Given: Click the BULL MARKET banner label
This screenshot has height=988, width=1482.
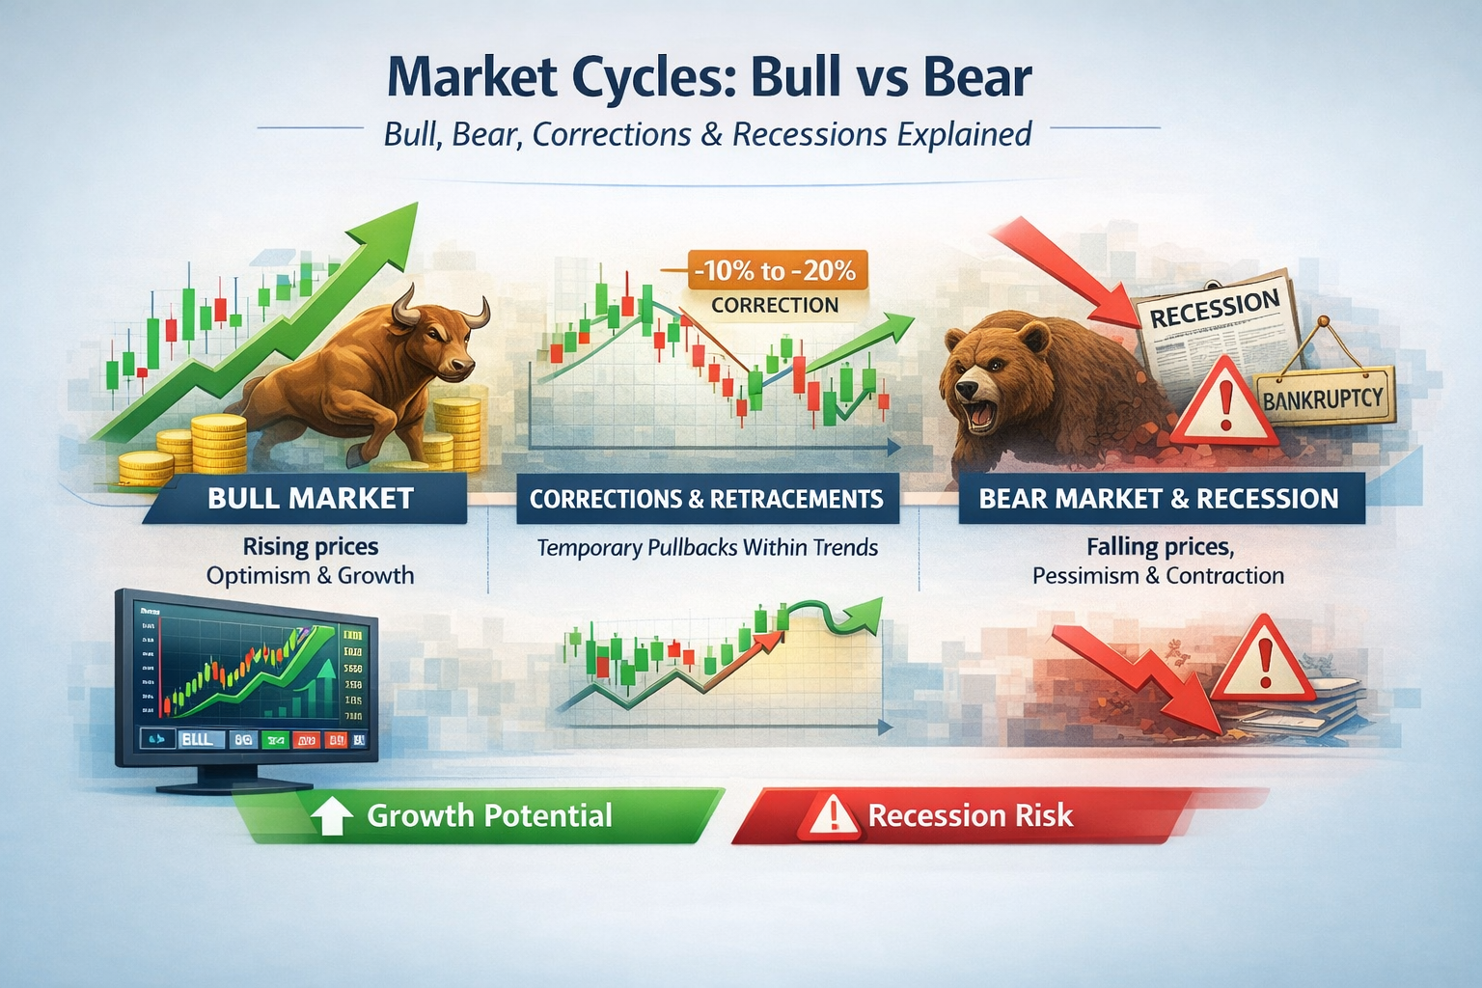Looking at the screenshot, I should (310, 499).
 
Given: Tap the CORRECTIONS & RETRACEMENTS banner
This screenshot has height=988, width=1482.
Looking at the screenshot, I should (706, 499).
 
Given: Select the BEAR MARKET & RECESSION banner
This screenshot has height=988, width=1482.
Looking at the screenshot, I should (1158, 499).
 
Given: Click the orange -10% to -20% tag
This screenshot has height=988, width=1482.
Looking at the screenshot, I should (778, 271).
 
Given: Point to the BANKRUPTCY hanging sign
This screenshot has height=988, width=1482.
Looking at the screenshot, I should (1324, 397).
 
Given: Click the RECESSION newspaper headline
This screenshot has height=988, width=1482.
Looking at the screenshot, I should (1214, 309).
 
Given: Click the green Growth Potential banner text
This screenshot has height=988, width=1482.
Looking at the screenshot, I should (489, 816).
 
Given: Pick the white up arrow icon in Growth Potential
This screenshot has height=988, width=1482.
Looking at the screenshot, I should (332, 816).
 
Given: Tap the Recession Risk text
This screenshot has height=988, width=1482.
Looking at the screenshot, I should (970, 816).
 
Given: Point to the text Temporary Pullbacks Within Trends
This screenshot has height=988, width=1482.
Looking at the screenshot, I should (706, 548).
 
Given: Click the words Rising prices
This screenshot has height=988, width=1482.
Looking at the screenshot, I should (310, 547).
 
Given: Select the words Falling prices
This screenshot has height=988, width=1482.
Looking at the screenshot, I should (1159, 547).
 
